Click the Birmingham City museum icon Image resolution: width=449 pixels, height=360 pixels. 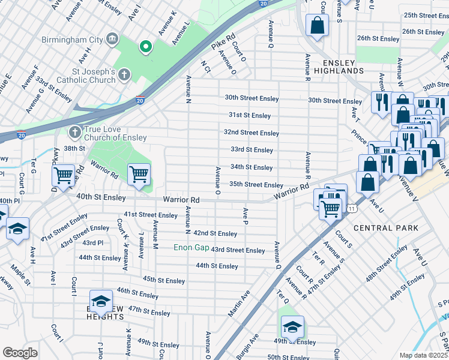click(x=112, y=40)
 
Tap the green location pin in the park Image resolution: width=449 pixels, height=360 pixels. click(x=145, y=46)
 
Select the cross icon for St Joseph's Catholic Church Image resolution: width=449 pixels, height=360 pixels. click(x=124, y=75)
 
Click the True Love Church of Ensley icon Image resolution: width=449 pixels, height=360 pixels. click(x=74, y=131)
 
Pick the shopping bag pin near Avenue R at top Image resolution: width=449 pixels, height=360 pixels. click(x=317, y=26)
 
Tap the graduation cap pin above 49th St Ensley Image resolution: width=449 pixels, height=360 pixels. click(x=292, y=327)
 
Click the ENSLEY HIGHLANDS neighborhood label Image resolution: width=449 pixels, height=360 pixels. click(x=343, y=67)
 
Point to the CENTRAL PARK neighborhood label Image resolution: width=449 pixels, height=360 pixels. click(x=386, y=228)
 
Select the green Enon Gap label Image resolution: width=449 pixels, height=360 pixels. click(x=191, y=247)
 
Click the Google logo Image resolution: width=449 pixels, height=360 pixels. click(x=20, y=353)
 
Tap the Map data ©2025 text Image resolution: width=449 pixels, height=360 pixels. click(x=423, y=355)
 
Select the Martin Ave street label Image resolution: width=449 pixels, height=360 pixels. click(x=238, y=304)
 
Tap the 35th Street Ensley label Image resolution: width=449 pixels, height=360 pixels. click(x=256, y=185)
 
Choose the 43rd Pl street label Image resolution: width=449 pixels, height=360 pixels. click(x=93, y=242)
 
